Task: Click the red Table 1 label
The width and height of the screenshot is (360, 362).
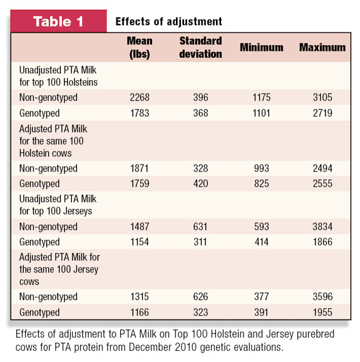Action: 59,21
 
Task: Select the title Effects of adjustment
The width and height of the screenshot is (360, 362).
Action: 168,22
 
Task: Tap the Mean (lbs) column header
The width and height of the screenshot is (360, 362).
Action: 140,48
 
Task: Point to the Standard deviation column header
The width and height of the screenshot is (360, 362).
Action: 200,48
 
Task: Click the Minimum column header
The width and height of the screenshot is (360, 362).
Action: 262,48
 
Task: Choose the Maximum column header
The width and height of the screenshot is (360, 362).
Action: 322,48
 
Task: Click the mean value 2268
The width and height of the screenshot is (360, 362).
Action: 140,97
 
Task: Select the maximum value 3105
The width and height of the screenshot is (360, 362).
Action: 322,97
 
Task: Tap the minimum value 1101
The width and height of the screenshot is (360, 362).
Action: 262,113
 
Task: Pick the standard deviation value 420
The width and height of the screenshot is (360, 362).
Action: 200,184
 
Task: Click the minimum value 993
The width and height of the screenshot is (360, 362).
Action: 262,168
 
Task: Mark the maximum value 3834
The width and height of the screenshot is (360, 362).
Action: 322,227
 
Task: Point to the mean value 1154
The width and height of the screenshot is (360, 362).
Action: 140,242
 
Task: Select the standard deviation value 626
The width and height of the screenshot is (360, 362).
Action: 200,296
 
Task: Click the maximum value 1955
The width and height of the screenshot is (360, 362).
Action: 322,312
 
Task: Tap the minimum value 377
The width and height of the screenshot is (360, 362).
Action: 262,296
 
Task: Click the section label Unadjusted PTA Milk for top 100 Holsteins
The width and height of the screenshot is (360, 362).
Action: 58,76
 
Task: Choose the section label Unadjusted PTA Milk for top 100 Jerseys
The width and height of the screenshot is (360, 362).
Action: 58,205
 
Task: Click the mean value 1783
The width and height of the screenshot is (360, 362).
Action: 140,113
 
